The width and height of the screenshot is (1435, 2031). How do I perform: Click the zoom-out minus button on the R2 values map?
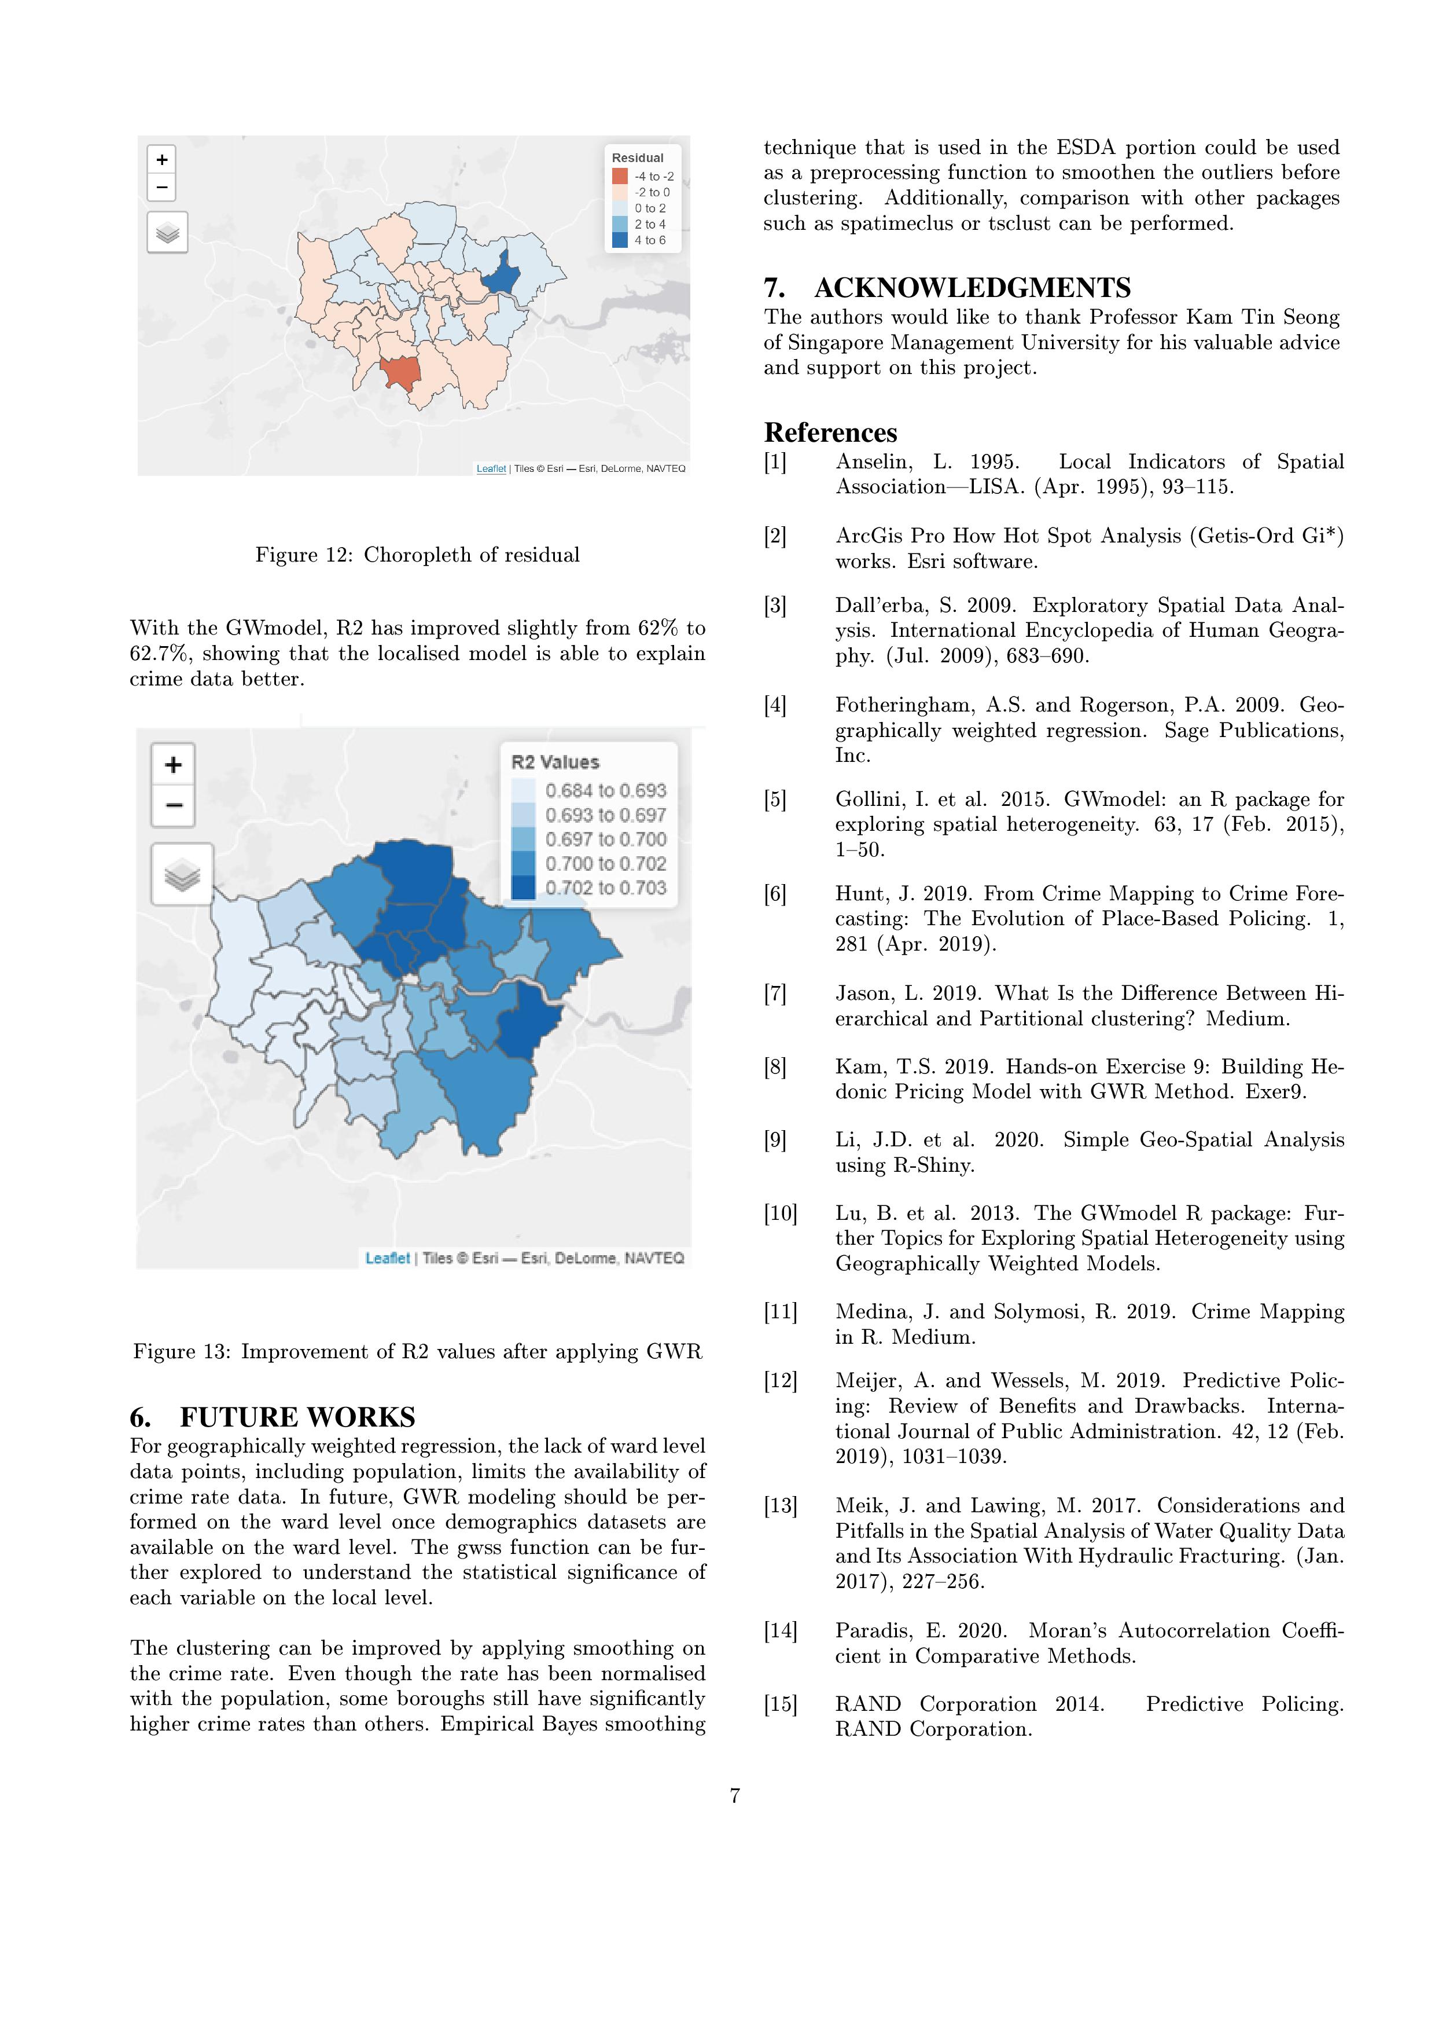pos(173,805)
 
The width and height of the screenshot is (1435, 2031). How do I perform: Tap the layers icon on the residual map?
pos(167,233)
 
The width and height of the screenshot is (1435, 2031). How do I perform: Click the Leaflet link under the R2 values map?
pos(387,1258)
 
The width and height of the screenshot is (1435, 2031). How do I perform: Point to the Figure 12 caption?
pos(417,555)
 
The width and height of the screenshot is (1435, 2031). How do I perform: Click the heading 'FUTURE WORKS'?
pos(297,1416)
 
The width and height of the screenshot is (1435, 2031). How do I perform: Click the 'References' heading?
pos(830,432)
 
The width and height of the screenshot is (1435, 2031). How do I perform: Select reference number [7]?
pos(775,993)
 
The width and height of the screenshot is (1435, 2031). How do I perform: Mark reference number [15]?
pos(780,1704)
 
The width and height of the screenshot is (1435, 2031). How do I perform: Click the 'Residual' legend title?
pos(638,158)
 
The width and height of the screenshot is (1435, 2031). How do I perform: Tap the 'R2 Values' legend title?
pos(555,762)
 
